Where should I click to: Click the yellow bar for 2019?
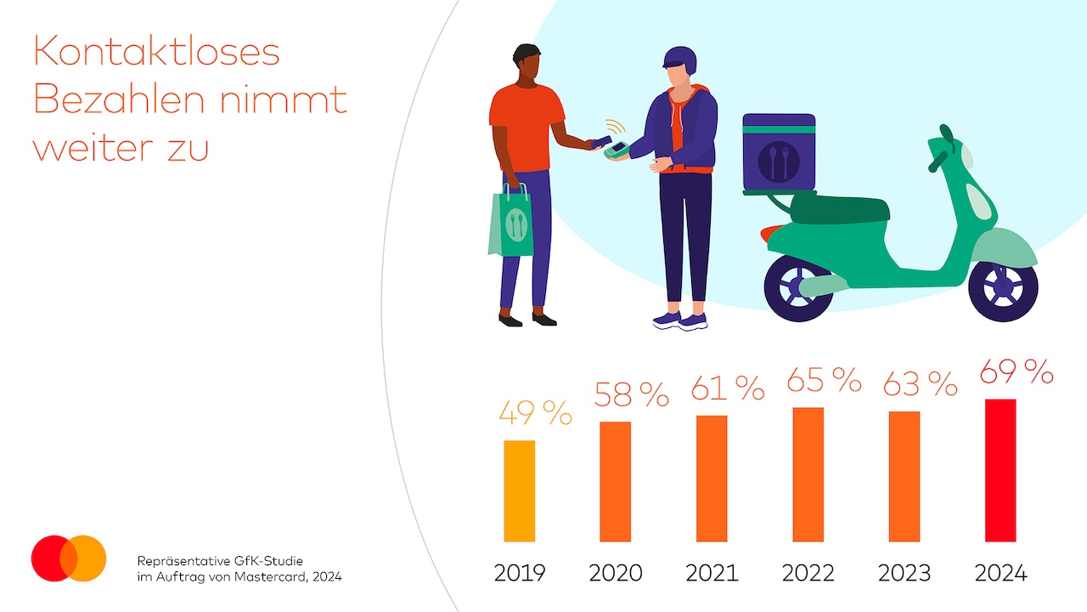[519, 491]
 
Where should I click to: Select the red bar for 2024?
[1000, 470]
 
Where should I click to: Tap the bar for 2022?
[808, 474]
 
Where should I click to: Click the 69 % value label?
[1017, 372]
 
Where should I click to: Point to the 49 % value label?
[535, 414]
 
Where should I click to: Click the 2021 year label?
[712, 573]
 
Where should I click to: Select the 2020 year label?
[616, 573]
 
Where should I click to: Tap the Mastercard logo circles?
[69, 558]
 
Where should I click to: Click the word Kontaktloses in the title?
[156, 53]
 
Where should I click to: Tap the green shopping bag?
[511, 223]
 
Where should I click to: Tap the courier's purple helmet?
[679, 60]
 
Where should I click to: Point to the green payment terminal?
[616, 151]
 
